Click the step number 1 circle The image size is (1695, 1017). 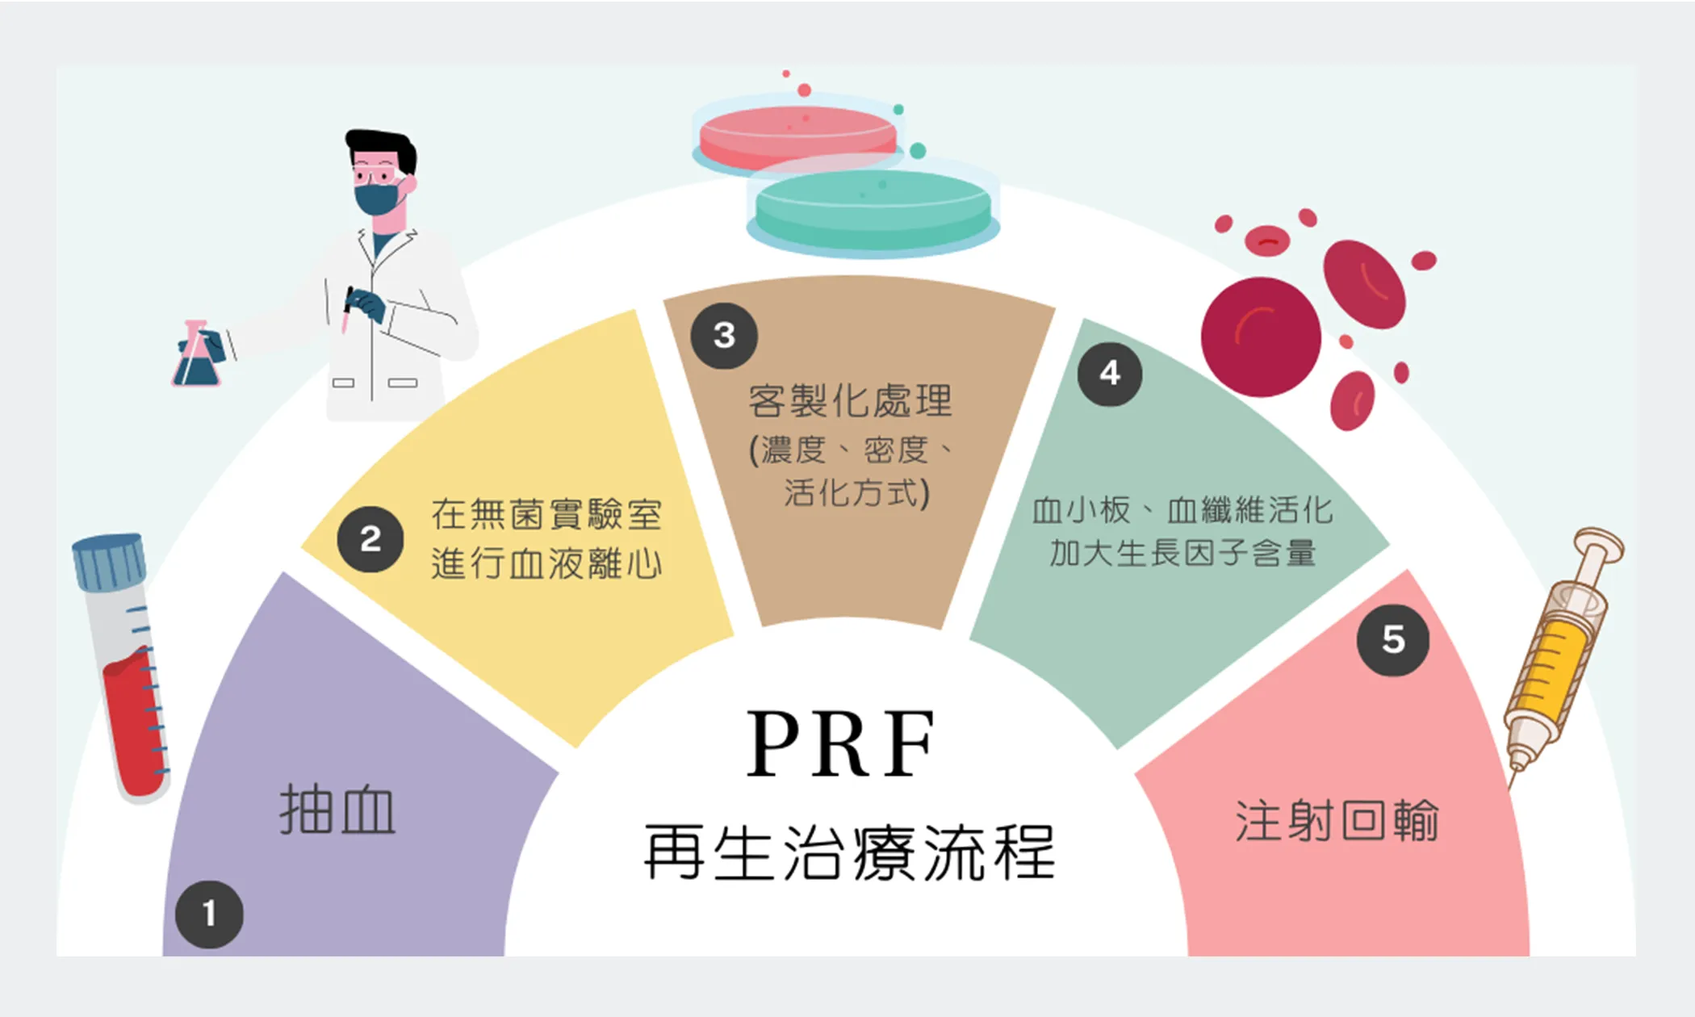[x=209, y=914]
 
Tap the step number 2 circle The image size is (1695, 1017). [x=370, y=539]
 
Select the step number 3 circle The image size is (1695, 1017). [x=724, y=336]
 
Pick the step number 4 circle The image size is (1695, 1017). [x=1110, y=373]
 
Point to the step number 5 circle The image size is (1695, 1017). [x=1393, y=639]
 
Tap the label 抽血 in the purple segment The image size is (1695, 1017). [x=337, y=810]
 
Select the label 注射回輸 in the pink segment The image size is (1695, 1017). [x=1337, y=822]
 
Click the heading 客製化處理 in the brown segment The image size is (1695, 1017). [x=850, y=401]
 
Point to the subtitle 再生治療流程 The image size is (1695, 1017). [x=849, y=853]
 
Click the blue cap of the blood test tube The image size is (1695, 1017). [x=109, y=560]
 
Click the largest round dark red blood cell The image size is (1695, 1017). [x=1261, y=337]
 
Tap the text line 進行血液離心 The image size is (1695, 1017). [x=546, y=563]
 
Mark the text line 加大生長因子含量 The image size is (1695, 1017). [x=1183, y=554]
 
